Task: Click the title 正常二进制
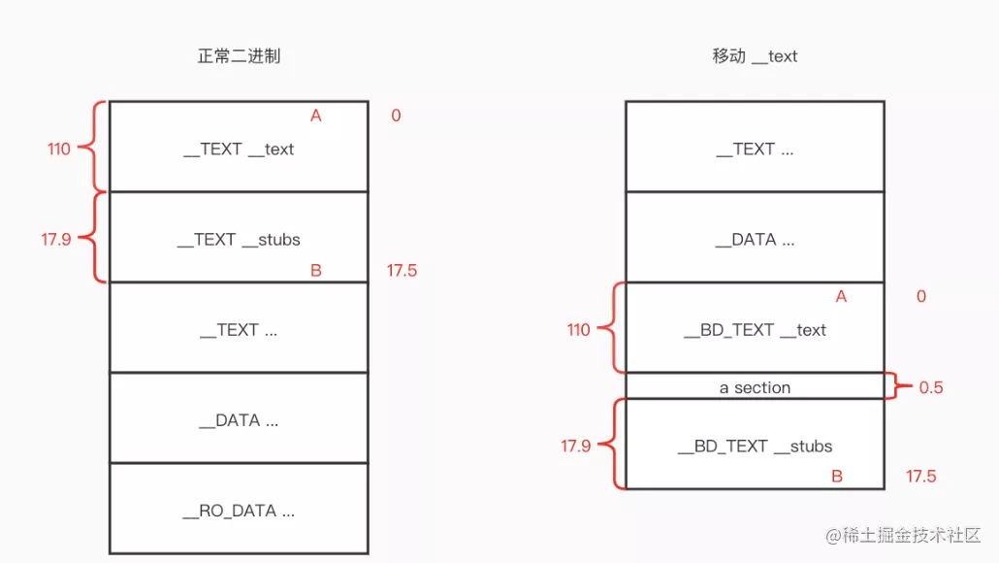[239, 56]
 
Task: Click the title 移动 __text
[755, 56]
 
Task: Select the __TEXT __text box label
[239, 149]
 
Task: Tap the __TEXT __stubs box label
[239, 240]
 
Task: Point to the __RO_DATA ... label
[239, 512]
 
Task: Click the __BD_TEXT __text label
[755, 330]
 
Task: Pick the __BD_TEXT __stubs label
[755, 447]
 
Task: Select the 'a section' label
[755, 387]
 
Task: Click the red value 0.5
[930, 387]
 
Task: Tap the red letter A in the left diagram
[316, 116]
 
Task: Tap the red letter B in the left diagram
[316, 271]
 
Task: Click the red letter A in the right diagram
[841, 296]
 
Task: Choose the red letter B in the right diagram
[837, 477]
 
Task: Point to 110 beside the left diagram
[58, 149]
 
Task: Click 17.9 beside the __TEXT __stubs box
[56, 240]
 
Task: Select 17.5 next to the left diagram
[402, 271]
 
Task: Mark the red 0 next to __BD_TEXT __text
[921, 296]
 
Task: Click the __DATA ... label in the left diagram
[239, 421]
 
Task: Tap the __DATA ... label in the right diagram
[755, 240]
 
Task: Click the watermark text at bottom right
[903, 535]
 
